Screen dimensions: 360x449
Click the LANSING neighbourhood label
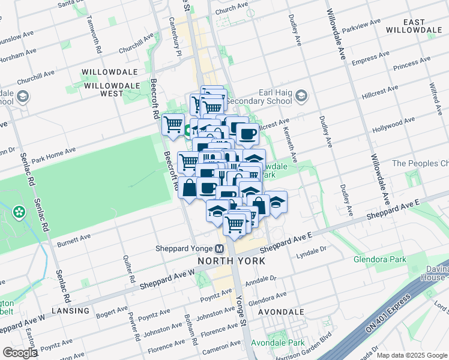pos(71,311)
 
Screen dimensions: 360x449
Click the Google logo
pos(20,353)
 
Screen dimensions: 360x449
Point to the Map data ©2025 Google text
pos(412,355)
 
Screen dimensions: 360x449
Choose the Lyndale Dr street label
pos(311,252)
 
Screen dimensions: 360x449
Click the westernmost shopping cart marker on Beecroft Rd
pos(173,125)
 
